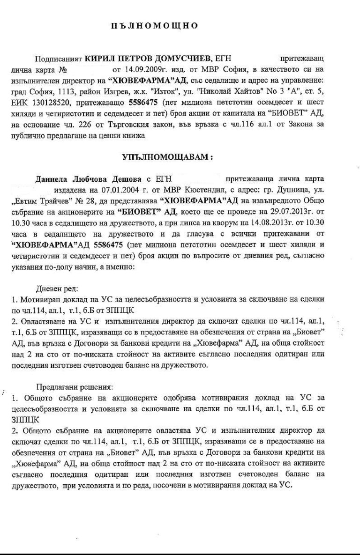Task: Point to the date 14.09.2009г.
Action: [131, 70]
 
